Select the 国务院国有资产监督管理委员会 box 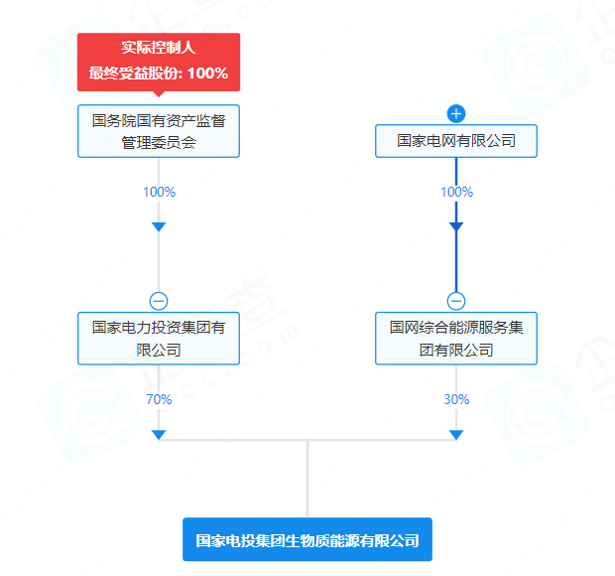pos(159,131)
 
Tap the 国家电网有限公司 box pos(456,141)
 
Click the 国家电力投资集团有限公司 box pos(159,338)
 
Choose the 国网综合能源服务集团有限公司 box pos(456,338)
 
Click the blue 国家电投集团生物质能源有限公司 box pos(307,541)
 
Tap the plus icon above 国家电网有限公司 pos(456,113)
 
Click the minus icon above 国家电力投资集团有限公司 pos(159,301)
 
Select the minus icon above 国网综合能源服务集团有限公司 pos(456,301)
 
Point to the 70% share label pos(159,399)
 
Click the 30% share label pos(456,399)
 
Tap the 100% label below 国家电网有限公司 pos(456,192)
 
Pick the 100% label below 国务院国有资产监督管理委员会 pos(159,192)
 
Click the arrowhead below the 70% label pos(159,435)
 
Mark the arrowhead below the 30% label pos(456,435)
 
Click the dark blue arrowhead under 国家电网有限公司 pos(456,227)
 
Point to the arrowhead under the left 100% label pos(159,227)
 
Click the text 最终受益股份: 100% pos(159,72)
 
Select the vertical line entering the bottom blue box pos(307,482)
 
